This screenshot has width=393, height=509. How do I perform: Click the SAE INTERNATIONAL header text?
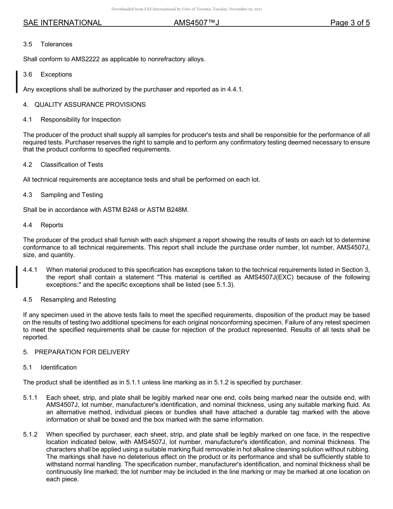[x=62, y=23]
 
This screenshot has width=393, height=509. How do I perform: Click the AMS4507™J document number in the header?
[x=196, y=23]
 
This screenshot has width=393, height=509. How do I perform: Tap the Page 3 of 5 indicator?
[x=350, y=23]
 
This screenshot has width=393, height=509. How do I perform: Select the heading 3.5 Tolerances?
[x=48, y=44]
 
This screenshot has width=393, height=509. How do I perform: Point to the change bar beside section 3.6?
[x=17, y=82]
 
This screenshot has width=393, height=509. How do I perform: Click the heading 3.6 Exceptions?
[x=48, y=74]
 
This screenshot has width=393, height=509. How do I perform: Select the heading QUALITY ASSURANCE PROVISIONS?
[x=90, y=105]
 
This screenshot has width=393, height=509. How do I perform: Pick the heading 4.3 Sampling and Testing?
[x=63, y=195]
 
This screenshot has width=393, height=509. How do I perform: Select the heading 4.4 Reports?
[x=43, y=225]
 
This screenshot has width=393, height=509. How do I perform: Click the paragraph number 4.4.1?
[x=30, y=270]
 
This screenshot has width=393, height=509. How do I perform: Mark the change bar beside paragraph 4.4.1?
[x=17, y=277]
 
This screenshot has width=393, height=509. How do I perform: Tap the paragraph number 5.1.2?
[x=30, y=435]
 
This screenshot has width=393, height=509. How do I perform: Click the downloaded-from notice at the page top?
[x=187, y=9]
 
